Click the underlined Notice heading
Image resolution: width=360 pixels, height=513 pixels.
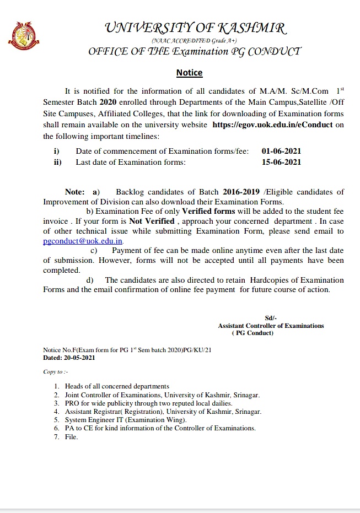pos(189,73)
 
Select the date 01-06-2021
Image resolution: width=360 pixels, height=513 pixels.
pos(282,151)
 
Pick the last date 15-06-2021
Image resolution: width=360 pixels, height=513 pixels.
pos(282,162)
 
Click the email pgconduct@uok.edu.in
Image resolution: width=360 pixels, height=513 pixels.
pos(83,241)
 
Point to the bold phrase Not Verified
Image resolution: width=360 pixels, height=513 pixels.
pos(152,221)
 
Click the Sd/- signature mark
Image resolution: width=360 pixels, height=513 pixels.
pos(271,318)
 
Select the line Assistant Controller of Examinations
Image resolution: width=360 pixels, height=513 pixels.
pos(271,326)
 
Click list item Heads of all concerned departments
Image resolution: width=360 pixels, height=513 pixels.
pos(117,386)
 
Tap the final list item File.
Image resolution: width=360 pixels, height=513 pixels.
pos(71,437)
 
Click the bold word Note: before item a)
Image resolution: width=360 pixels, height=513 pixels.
pos(74,192)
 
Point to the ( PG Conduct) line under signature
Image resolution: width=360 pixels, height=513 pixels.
pos(253,333)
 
